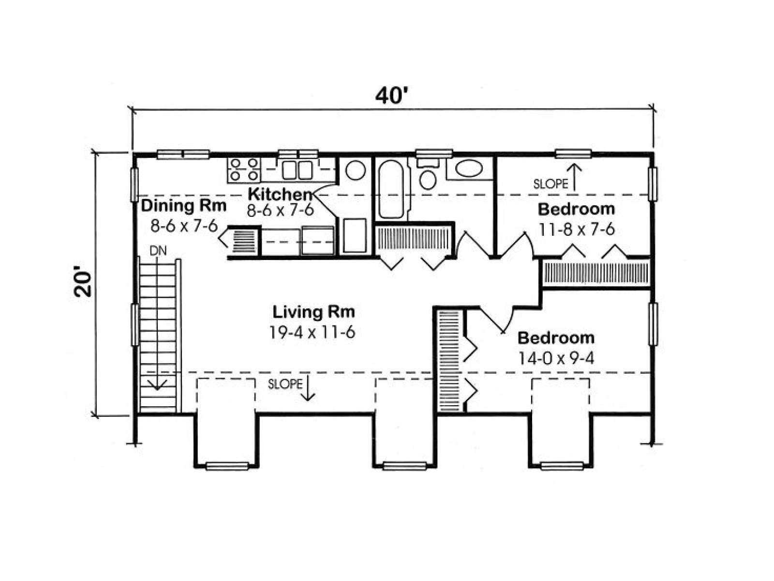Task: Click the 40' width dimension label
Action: tap(392, 96)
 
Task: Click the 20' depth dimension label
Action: tap(83, 283)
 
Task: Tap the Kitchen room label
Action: tap(280, 194)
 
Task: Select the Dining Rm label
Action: tap(183, 206)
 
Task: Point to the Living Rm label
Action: tap(313, 312)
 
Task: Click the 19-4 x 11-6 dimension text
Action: tap(312, 332)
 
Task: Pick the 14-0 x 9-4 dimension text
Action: tap(556, 359)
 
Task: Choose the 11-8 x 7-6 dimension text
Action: tap(577, 229)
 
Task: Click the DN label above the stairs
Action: tap(158, 250)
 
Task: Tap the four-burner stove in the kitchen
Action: tap(243, 170)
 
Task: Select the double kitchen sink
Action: tap(297, 170)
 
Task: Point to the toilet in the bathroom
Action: tap(428, 175)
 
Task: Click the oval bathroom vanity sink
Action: tap(469, 169)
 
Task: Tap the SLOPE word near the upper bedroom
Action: tap(551, 184)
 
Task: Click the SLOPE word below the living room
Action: tap(285, 384)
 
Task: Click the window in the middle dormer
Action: tap(404, 466)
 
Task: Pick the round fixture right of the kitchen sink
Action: tap(355, 170)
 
